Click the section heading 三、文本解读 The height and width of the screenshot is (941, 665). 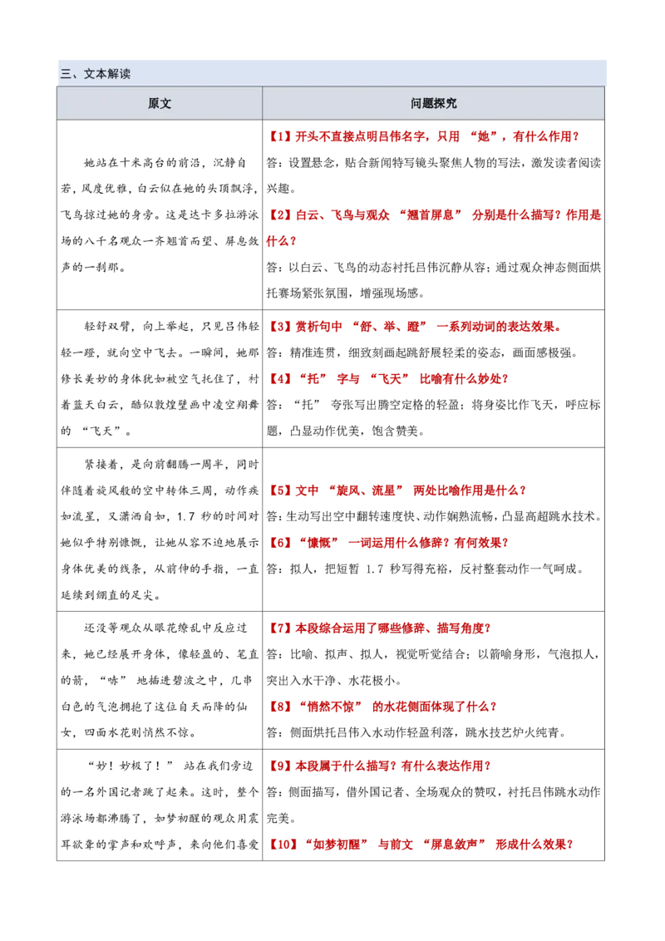95,74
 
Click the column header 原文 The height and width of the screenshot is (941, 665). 160,103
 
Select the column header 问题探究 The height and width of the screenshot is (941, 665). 433,103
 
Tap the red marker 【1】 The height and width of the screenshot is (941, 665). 279,137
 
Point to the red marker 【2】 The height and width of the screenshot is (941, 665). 279,214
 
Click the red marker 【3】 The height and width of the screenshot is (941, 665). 279,327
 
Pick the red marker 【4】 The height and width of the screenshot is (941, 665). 279,379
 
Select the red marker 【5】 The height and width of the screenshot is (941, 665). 279,490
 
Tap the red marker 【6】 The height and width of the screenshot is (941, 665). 279,543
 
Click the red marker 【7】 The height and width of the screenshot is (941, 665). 279,628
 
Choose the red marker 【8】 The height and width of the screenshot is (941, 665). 279,707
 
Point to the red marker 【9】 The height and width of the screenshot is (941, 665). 279,766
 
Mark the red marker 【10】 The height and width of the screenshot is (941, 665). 282,845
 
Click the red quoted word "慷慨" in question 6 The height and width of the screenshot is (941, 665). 318,543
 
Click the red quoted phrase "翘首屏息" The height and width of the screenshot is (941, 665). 431,214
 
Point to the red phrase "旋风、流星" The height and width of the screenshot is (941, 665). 366,490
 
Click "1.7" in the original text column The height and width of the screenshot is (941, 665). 186,516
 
